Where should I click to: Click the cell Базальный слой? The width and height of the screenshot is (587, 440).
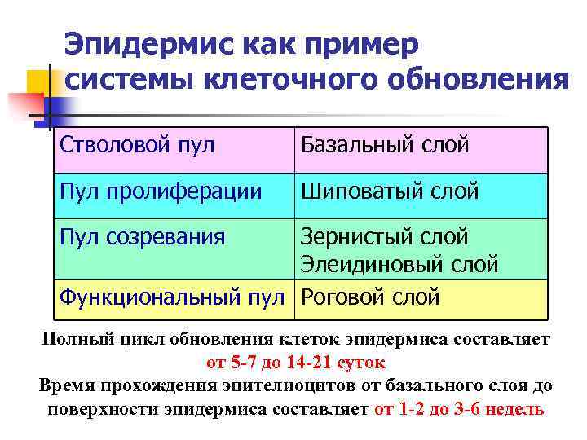tap(385, 146)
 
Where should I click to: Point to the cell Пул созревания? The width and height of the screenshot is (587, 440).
tap(142, 237)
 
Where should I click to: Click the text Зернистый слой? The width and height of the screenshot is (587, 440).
tap(385, 237)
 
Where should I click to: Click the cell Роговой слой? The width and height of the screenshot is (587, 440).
tap(371, 297)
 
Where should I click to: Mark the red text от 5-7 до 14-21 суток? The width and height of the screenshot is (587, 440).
tap(293, 361)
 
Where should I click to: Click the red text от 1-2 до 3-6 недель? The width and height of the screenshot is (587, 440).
tap(458, 408)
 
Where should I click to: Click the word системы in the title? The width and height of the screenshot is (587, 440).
tap(121, 81)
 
